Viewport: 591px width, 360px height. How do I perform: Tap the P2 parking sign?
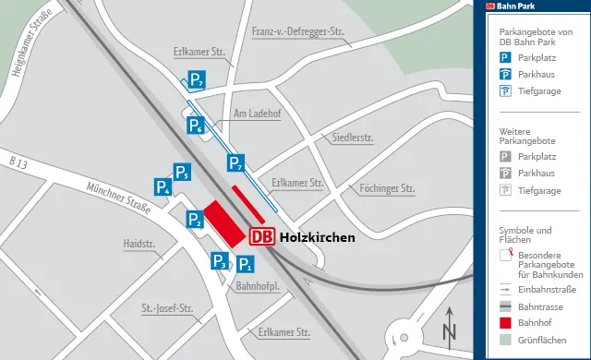[195, 219]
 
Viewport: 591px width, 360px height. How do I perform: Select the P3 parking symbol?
[220, 261]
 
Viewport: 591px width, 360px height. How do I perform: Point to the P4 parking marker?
[163, 187]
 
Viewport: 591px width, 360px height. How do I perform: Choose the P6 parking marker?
[196, 125]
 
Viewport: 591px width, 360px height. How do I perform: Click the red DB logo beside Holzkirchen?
[262, 237]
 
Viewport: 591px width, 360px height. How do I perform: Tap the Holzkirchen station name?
[317, 237]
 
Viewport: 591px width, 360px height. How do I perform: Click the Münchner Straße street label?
[117, 197]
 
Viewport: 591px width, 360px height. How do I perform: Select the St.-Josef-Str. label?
[166, 307]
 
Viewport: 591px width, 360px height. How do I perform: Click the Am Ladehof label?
[257, 114]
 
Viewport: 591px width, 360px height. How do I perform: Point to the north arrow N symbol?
[449, 325]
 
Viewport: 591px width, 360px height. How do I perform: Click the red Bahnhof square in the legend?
[505, 324]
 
